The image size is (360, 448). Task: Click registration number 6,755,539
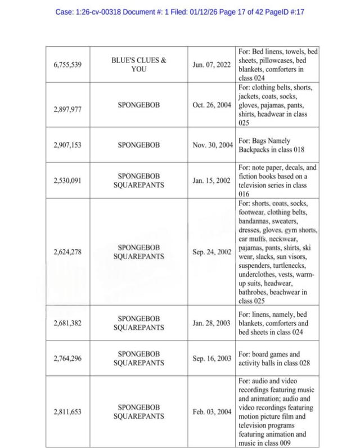click(x=68, y=65)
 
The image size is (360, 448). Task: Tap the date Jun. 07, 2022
click(x=211, y=65)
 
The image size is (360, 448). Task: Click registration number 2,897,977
click(x=68, y=110)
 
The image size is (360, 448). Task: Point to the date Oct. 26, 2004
click(x=211, y=105)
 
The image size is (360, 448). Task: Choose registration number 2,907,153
click(x=68, y=145)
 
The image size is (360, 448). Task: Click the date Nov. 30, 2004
click(x=211, y=145)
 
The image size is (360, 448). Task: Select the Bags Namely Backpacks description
click(x=267, y=145)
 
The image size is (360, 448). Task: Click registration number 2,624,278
click(x=68, y=252)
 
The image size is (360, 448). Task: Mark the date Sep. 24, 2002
click(x=211, y=252)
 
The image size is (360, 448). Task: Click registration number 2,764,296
click(x=68, y=358)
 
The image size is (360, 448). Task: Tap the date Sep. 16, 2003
click(x=211, y=358)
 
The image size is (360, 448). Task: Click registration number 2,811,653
click(x=68, y=411)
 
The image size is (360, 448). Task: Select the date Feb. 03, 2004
click(x=211, y=411)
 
